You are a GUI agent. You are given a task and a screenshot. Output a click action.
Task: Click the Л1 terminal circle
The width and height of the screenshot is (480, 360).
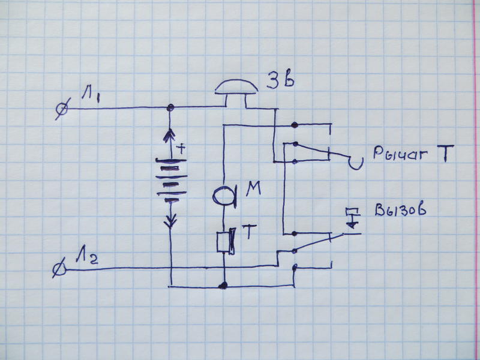(62, 109)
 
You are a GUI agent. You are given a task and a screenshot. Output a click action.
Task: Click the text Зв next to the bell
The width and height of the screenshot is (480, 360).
(280, 80)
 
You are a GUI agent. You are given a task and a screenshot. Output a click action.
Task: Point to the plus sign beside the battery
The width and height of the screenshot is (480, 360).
(182, 149)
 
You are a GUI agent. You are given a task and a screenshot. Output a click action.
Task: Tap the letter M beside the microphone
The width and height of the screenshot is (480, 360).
(254, 188)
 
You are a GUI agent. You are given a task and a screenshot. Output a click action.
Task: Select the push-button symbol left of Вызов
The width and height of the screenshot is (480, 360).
(352, 218)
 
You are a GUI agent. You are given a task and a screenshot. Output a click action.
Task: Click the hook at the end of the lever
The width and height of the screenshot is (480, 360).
(356, 163)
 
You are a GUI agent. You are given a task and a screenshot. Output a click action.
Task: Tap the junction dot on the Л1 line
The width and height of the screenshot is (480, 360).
(170, 107)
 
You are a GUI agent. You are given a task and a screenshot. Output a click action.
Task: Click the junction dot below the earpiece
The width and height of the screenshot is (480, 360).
(223, 286)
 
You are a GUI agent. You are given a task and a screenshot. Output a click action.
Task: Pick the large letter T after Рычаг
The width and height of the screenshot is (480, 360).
(445, 154)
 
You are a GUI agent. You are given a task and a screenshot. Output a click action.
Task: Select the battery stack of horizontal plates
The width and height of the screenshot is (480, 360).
(172, 181)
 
